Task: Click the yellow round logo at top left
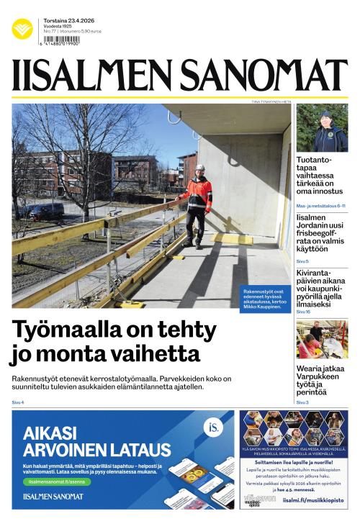[22, 29]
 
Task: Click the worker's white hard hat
[200, 168]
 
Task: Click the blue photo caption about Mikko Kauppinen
[266, 297]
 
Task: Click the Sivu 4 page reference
[18, 402]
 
